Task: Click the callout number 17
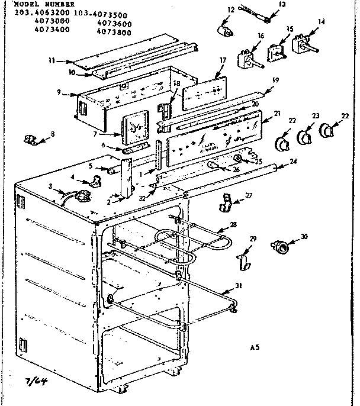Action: coord(223,60)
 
